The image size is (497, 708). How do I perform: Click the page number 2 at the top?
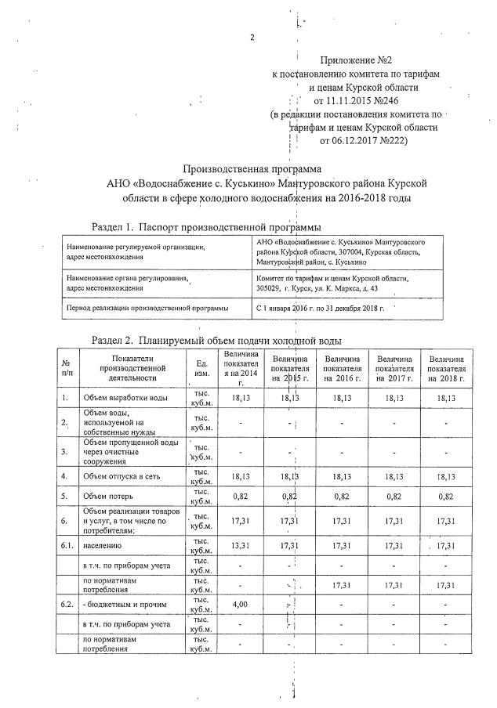pos(252,38)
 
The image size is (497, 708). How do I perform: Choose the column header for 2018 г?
pos(446,368)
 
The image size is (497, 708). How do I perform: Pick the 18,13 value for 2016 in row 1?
pos(343,399)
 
